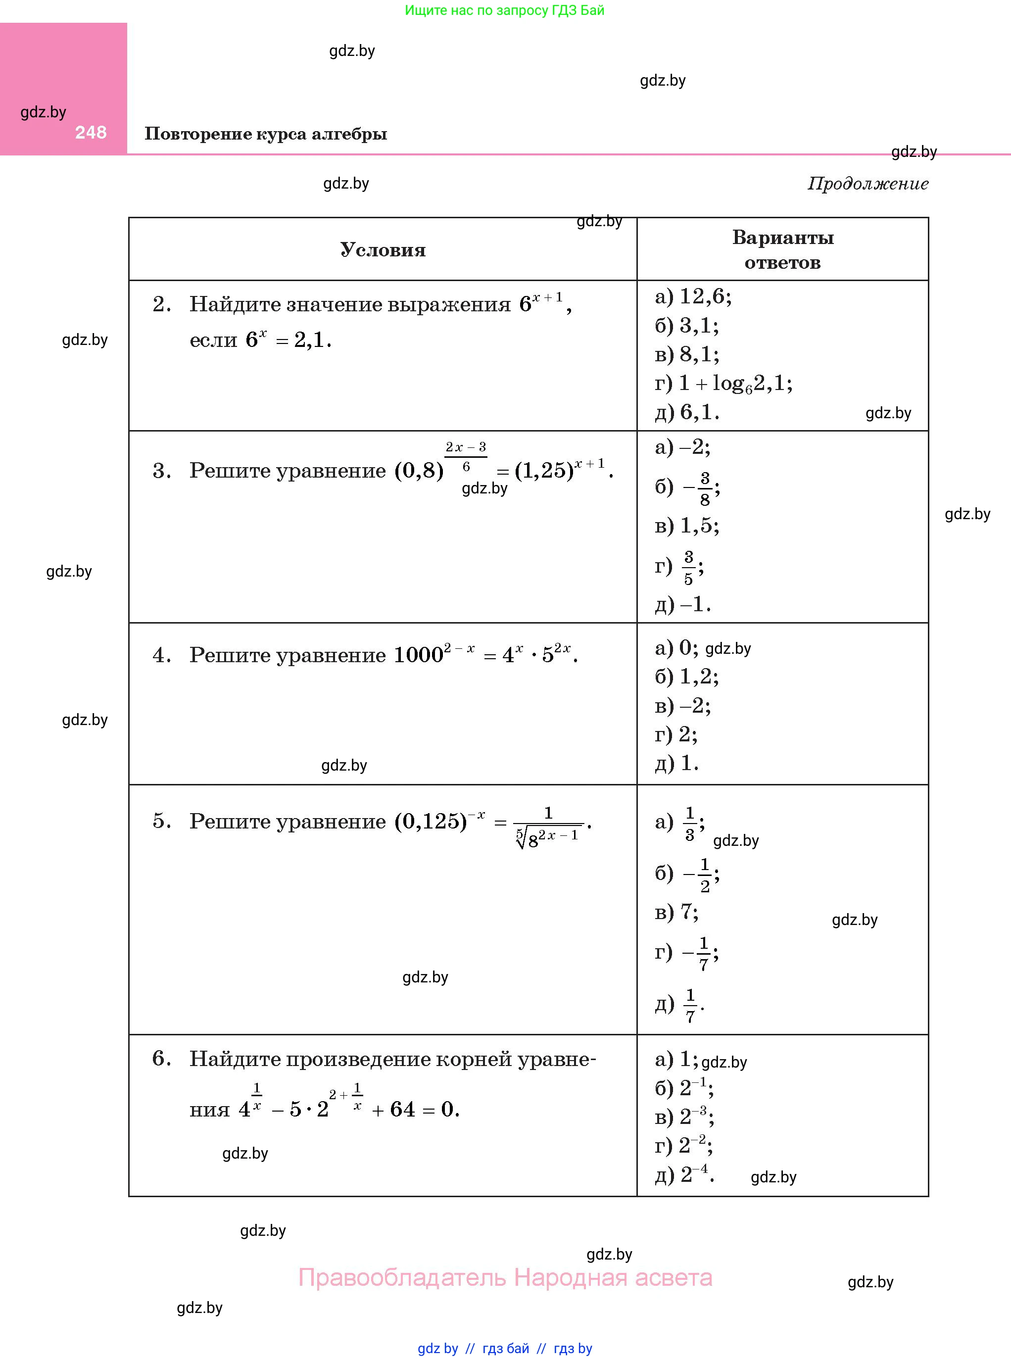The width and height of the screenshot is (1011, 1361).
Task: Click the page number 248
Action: [91, 132]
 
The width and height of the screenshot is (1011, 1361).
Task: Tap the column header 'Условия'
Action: [383, 249]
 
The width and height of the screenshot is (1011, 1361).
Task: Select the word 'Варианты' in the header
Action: [783, 238]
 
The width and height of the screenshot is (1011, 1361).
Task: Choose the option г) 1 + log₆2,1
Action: [723, 384]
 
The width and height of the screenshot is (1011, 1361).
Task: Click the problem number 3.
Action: [161, 471]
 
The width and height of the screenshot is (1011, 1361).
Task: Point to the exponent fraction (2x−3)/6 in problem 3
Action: [466, 456]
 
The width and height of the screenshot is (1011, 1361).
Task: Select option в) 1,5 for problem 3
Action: [687, 526]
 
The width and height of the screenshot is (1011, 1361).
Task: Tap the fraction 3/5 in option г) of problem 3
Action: [688, 568]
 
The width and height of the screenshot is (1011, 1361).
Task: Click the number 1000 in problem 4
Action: [418, 655]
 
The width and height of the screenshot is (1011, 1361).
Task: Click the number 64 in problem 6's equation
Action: [402, 1110]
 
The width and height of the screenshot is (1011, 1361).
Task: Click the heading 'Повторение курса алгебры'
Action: [266, 134]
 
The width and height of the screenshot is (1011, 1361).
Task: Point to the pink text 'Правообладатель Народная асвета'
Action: [505, 1278]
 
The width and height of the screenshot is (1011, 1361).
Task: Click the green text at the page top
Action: [504, 10]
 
